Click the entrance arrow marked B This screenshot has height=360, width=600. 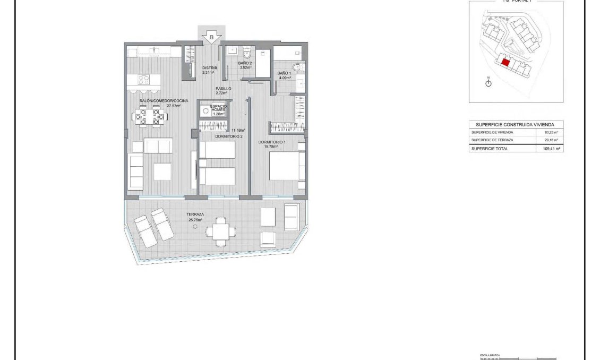click(x=212, y=37)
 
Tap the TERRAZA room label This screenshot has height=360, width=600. click(x=195, y=215)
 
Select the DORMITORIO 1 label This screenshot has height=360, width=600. click(x=272, y=142)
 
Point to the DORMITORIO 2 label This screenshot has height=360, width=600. click(x=229, y=136)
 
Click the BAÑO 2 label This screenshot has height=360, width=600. click(x=245, y=64)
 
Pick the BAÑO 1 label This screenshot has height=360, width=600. click(x=285, y=73)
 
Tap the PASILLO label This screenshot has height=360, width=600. click(x=223, y=89)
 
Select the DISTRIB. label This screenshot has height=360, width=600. click(x=210, y=68)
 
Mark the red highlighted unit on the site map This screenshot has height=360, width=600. click(x=505, y=62)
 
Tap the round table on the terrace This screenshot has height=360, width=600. click(x=196, y=226)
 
